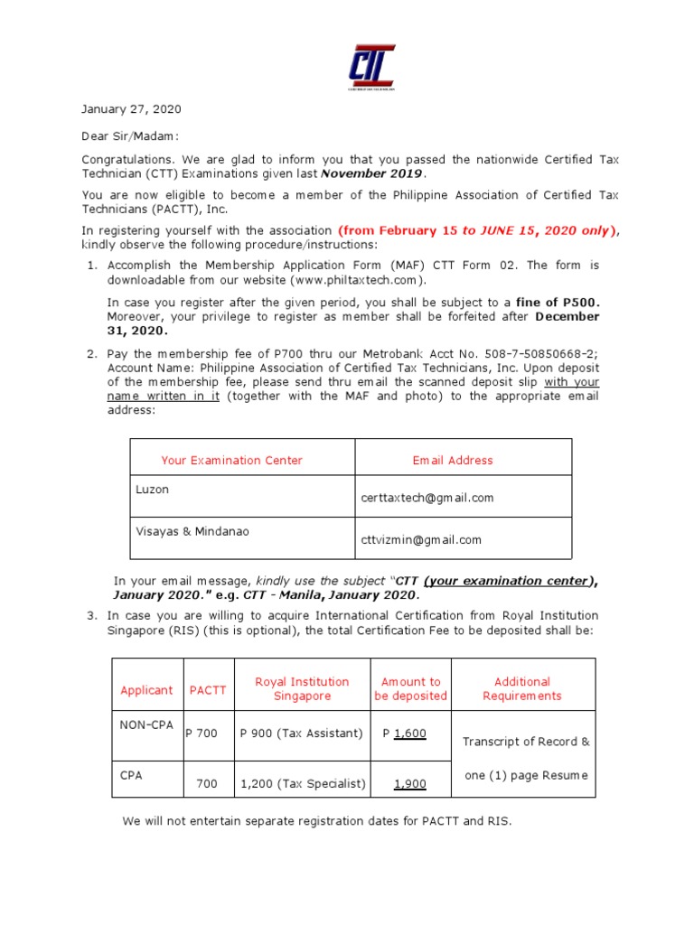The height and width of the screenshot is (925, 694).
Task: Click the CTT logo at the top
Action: (x=371, y=67)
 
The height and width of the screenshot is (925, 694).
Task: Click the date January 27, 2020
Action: (x=131, y=109)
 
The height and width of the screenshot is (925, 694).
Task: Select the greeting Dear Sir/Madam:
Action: (x=130, y=135)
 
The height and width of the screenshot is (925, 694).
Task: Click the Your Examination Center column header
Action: (x=231, y=461)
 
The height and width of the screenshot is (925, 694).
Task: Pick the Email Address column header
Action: (x=453, y=461)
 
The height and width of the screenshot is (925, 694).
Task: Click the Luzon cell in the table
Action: (x=153, y=490)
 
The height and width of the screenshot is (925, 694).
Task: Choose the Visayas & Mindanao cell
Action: (x=192, y=531)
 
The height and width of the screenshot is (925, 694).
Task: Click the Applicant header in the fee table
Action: (x=146, y=690)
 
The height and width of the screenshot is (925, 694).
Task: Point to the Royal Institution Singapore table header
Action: (x=302, y=689)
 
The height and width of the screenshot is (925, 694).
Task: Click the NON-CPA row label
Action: (x=145, y=724)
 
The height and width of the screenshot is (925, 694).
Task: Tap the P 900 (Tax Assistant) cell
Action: (x=301, y=733)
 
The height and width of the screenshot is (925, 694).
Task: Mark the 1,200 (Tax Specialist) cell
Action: (x=303, y=784)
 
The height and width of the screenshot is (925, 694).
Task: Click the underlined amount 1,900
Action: (x=409, y=784)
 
